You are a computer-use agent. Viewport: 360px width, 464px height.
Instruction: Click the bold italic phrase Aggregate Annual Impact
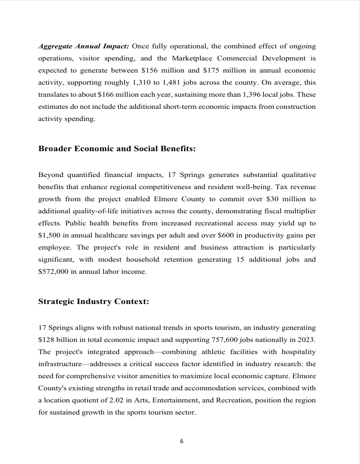pos(84,45)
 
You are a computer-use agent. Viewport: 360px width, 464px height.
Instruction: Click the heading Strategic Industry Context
pos(93,301)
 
